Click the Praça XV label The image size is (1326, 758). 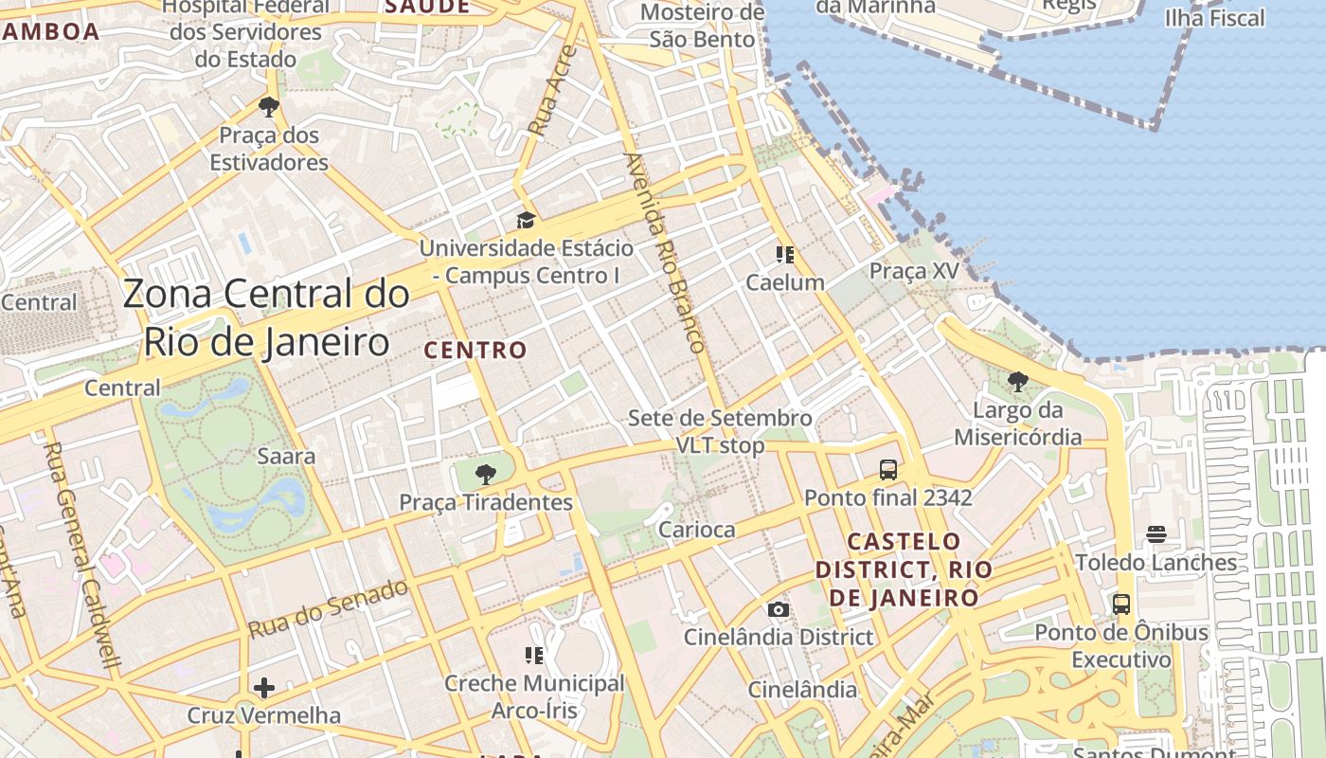click(x=914, y=271)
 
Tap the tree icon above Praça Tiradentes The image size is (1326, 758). click(x=486, y=474)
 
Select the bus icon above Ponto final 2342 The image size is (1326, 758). click(x=888, y=469)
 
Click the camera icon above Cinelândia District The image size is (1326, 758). click(x=779, y=609)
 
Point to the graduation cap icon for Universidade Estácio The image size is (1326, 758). click(x=526, y=221)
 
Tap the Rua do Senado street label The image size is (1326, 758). click(x=328, y=607)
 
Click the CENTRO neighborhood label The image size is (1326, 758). click(x=475, y=350)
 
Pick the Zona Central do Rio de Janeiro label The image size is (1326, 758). click(x=266, y=317)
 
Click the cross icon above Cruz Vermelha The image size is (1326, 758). click(x=264, y=687)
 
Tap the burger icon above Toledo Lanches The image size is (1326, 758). click(x=1156, y=534)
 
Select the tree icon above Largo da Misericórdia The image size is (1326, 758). click(x=1018, y=382)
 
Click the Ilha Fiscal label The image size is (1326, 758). click(x=1214, y=18)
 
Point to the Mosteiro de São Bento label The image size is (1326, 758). click(x=702, y=26)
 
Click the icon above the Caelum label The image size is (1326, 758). click(x=784, y=254)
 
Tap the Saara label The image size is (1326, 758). click(x=286, y=456)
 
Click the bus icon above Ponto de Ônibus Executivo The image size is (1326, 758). click(x=1121, y=604)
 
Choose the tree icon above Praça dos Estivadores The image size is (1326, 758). click(x=268, y=106)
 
